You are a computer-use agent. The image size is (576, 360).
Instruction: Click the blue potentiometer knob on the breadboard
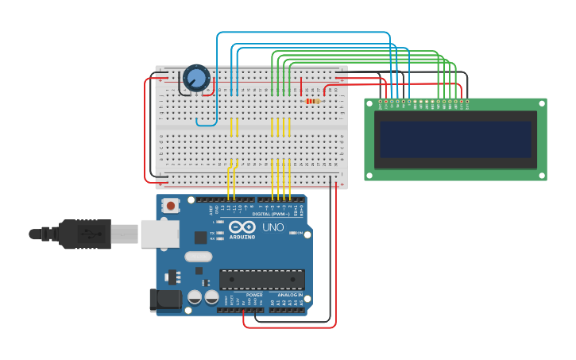click(196, 78)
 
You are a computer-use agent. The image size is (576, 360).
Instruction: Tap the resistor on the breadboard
click(311, 101)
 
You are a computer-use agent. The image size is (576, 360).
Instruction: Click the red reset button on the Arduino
click(170, 206)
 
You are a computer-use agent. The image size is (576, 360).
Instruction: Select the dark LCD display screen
click(455, 139)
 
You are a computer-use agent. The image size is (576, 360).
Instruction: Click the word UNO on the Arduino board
click(273, 228)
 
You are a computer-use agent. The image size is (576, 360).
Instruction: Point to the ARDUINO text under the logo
click(242, 237)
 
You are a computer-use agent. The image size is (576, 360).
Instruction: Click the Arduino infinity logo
click(242, 226)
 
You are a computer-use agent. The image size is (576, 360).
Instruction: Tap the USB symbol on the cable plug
click(90, 234)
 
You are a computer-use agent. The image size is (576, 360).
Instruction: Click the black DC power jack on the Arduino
click(165, 300)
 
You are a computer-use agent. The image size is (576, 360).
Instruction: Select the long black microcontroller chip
click(262, 280)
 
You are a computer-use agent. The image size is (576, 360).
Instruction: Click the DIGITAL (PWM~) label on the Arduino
click(269, 214)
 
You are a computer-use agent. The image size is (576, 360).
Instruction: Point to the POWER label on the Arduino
click(254, 295)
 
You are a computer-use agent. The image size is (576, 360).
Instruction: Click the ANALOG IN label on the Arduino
click(289, 295)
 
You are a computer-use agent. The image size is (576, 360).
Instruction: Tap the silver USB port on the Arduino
click(160, 234)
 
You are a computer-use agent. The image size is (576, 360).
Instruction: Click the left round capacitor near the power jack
click(195, 297)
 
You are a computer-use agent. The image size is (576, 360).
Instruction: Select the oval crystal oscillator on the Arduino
click(198, 257)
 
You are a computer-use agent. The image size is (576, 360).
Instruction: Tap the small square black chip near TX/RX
click(200, 237)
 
